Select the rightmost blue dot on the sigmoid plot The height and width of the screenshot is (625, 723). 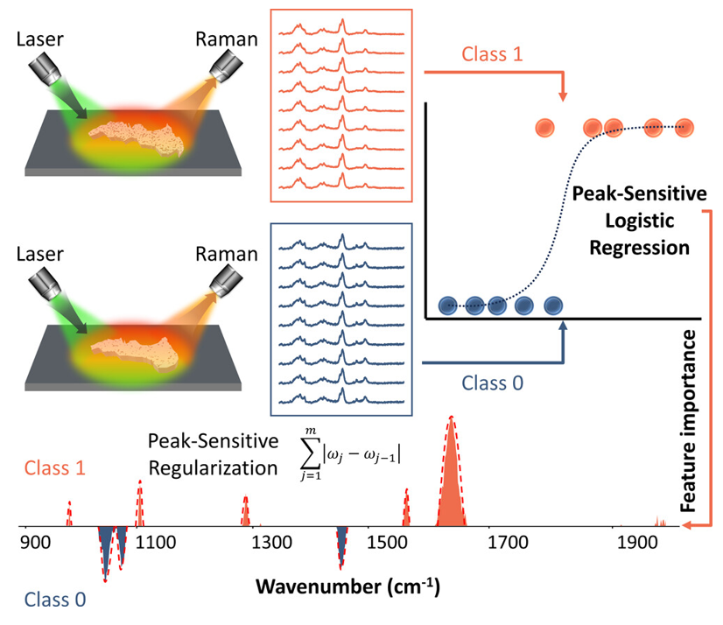[x=553, y=305]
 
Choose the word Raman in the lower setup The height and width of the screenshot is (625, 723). [x=232, y=255]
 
